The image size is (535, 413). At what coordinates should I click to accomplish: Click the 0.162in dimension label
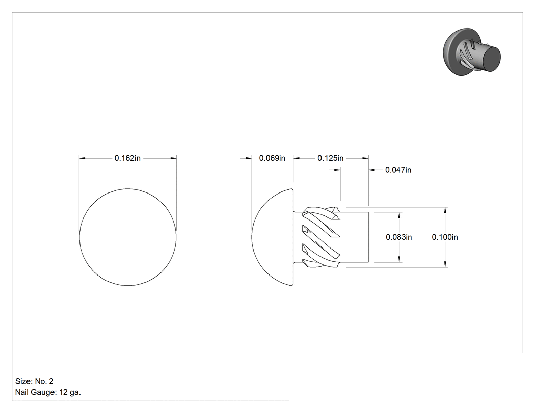[127, 158]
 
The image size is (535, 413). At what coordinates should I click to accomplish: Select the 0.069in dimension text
[272, 158]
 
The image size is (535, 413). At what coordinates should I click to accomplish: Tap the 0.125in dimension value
[330, 158]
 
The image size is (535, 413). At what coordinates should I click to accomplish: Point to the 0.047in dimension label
[398, 170]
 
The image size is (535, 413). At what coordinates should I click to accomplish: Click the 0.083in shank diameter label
[398, 237]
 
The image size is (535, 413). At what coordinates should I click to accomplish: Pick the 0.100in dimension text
[445, 237]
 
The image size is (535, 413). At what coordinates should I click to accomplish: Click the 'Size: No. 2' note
[35, 381]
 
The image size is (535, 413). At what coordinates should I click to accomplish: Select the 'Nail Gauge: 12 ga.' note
[48, 392]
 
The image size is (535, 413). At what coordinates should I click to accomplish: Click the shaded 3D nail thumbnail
[471, 52]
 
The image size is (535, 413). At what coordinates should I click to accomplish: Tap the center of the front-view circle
[128, 237]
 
